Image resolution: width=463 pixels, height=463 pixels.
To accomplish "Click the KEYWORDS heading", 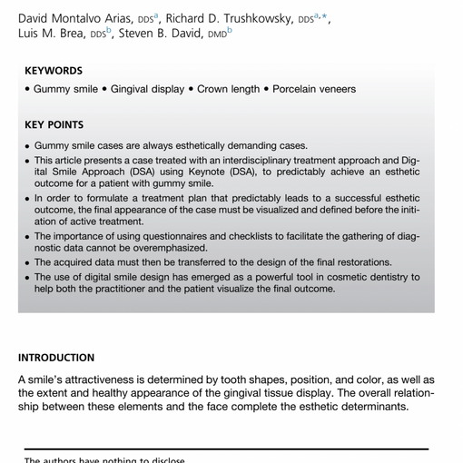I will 54,70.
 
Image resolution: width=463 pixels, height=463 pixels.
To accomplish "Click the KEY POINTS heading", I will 54,125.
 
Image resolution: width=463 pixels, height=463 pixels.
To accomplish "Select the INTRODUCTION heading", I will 56,358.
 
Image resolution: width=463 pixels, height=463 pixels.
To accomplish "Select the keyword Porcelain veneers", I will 313,89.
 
